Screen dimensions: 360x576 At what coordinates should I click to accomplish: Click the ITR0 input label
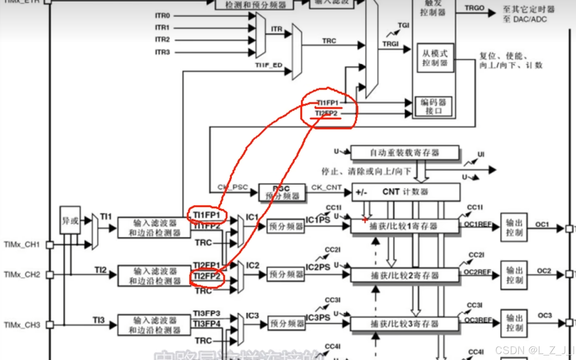coord(162,15)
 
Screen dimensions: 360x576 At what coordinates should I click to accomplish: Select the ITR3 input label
coord(162,52)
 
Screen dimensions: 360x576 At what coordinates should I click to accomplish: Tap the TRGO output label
coord(474,8)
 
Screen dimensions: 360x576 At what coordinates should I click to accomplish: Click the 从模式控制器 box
coord(435,58)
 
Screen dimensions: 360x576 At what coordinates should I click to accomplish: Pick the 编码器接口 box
coord(433,106)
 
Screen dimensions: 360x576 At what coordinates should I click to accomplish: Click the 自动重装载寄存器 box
coord(405,153)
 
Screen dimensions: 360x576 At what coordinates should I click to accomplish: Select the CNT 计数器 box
coord(406,192)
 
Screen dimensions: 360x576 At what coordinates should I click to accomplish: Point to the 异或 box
coord(70,220)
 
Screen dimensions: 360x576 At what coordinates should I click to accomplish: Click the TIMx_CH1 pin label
coord(22,244)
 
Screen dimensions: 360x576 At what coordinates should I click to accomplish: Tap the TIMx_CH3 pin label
coord(22,325)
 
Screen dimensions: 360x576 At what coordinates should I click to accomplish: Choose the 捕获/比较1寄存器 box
coord(404,226)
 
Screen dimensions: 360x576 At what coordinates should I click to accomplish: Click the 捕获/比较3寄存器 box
coord(404,324)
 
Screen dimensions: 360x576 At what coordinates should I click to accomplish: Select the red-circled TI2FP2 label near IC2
coord(207,276)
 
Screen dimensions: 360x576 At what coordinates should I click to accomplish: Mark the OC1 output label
coord(542,225)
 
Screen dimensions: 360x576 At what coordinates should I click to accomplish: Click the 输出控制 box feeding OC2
coord(514,275)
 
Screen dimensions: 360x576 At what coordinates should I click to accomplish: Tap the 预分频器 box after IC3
coord(287,324)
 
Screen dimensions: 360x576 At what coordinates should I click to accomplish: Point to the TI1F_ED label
coord(269,65)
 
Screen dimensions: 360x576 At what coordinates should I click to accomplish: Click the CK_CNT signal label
coord(326,187)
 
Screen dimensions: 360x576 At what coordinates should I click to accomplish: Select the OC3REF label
coord(478,320)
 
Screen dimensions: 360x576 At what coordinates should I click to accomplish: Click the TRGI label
coord(390,44)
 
